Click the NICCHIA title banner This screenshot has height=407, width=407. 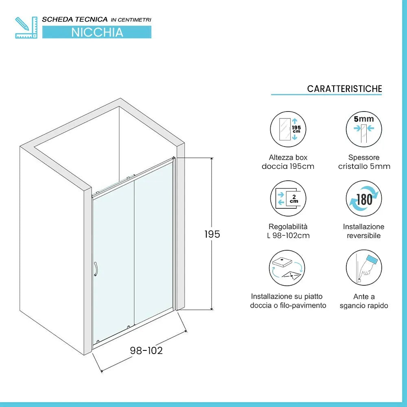pos(97,32)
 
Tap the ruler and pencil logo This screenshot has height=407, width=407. pos(26,28)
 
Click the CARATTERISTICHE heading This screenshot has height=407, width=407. pos(344,89)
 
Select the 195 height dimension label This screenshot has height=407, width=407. pos(212,234)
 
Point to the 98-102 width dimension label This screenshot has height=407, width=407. pos(146,350)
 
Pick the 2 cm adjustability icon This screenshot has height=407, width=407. pos(288,199)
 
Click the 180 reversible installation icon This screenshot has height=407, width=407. pos(364,199)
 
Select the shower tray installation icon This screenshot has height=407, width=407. pos(288,268)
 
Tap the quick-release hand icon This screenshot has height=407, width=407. pos(364,268)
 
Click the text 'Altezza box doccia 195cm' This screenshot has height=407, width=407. pos(288,162)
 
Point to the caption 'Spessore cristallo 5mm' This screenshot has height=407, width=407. pos(364,162)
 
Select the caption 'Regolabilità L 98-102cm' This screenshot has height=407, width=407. pos(288,231)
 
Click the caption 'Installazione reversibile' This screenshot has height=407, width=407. pos(364,231)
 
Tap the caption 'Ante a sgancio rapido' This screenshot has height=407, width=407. pos(364,301)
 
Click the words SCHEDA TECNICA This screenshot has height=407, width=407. pos(75,19)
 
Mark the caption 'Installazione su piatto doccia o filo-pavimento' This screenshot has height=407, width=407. pos(288,301)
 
